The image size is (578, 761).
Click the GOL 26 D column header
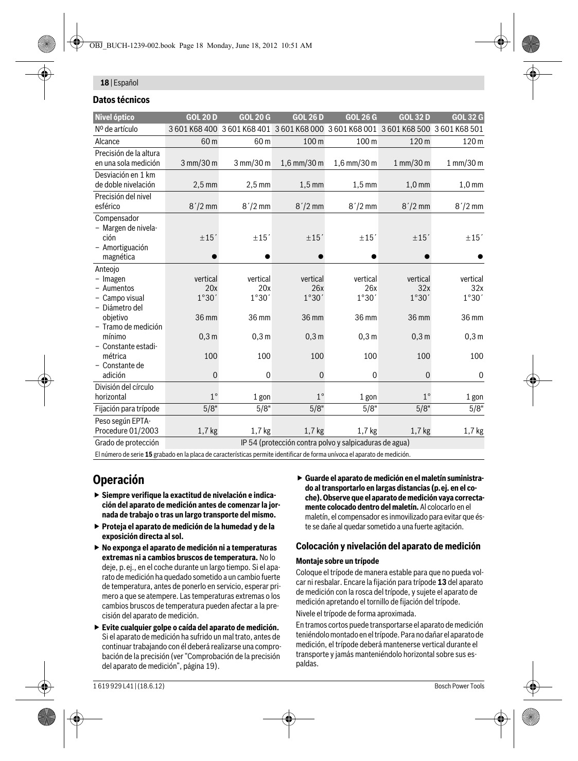click(x=308, y=117)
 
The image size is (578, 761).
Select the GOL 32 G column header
click(x=467, y=117)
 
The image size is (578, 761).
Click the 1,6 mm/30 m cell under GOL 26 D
click(x=302, y=163)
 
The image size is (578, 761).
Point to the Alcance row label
click(x=107, y=141)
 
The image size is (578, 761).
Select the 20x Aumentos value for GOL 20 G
click(x=264, y=288)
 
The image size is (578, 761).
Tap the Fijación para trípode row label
click(x=127, y=409)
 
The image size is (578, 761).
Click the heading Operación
click(x=118, y=480)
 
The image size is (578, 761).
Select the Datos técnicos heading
click(x=121, y=100)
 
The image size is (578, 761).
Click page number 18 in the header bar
click(x=104, y=82)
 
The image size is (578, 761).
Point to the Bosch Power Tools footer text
click(x=459, y=686)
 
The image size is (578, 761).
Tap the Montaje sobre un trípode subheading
click(x=337, y=561)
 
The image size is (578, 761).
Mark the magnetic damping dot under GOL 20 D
click(x=214, y=257)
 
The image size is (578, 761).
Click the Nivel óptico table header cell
click(x=114, y=117)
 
